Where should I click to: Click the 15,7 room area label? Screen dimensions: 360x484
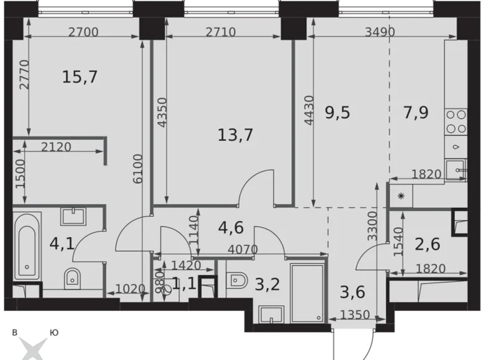tap(80, 77)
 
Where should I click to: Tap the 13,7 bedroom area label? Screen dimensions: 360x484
tap(235, 134)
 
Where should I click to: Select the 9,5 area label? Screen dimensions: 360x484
tap(338, 112)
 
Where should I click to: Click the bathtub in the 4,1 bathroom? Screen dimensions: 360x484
tap(27, 248)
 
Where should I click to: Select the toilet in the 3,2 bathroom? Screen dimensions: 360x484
tap(238, 281)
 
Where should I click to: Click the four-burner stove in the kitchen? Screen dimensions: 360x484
tap(456, 121)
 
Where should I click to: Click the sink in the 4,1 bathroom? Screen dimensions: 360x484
tap(76, 215)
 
